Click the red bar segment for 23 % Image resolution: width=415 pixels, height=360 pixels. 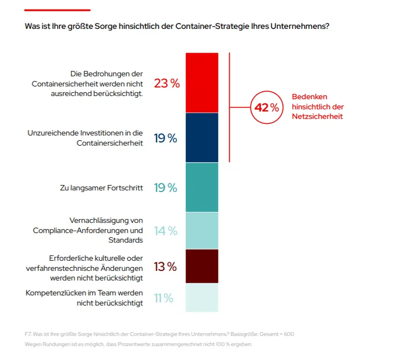point(202,83)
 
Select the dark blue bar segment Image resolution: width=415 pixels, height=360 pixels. point(202,138)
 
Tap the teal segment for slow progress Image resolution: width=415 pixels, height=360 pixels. point(202,187)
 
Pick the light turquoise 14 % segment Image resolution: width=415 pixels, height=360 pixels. point(202,230)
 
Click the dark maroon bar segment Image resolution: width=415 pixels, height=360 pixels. point(202,266)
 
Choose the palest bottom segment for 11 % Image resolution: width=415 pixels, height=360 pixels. point(202,298)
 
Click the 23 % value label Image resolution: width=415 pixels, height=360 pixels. point(166,84)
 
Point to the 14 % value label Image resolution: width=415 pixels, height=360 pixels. point(166,231)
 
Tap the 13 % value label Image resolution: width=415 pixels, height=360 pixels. point(165,267)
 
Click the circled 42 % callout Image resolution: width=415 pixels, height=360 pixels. point(266,108)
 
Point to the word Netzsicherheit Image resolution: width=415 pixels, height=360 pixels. point(317,116)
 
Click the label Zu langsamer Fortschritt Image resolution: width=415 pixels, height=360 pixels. point(101,188)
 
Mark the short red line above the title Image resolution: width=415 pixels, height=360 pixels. point(58,10)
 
